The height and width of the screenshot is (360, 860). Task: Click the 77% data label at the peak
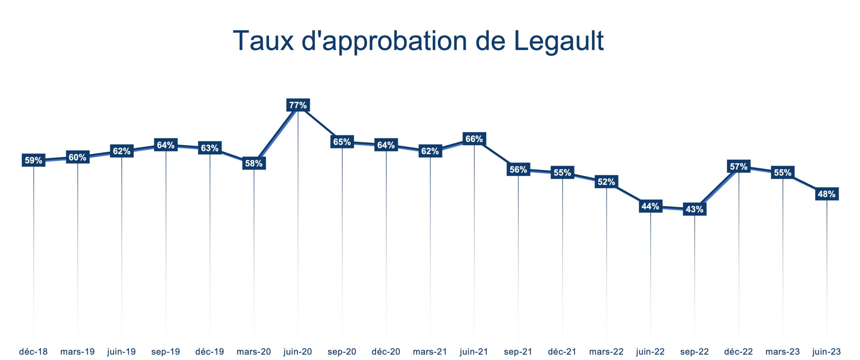pos(298,105)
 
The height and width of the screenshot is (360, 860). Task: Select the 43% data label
pos(694,209)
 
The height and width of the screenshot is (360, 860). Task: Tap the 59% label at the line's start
pos(34,160)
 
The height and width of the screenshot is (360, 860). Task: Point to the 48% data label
pos(826,194)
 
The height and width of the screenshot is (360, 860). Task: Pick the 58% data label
pos(254,163)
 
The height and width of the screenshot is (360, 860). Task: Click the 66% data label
pos(474,139)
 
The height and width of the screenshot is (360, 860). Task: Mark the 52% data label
pos(606,182)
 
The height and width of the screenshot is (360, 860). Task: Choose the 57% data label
pos(738,166)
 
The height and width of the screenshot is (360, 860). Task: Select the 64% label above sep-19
pos(166,145)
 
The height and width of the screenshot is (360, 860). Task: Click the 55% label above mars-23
pos(783,172)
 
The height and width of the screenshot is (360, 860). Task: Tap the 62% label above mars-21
pos(430,151)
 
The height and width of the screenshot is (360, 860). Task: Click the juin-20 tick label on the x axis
pos(298,352)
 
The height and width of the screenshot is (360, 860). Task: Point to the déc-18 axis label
pos(33,352)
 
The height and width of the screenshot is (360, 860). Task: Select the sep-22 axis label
pos(694,352)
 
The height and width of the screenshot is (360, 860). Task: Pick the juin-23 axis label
pos(826,352)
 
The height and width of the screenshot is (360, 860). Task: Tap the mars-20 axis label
pos(254,352)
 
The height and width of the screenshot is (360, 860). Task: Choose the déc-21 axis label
pos(562,352)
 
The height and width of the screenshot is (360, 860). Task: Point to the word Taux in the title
pos(263,41)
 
